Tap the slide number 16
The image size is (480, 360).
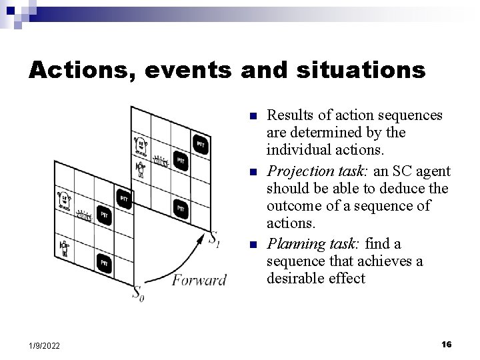pyautogui.click(x=447, y=344)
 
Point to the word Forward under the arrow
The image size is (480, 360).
pyautogui.click(x=199, y=279)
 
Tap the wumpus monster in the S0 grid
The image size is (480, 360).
pyautogui.click(x=64, y=199)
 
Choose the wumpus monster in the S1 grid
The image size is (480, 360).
pyautogui.click(x=141, y=143)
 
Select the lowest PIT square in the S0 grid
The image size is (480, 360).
pyautogui.click(x=104, y=263)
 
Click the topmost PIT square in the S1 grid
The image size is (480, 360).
pyautogui.click(x=200, y=144)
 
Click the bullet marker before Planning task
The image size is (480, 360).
pyautogui.click(x=253, y=245)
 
